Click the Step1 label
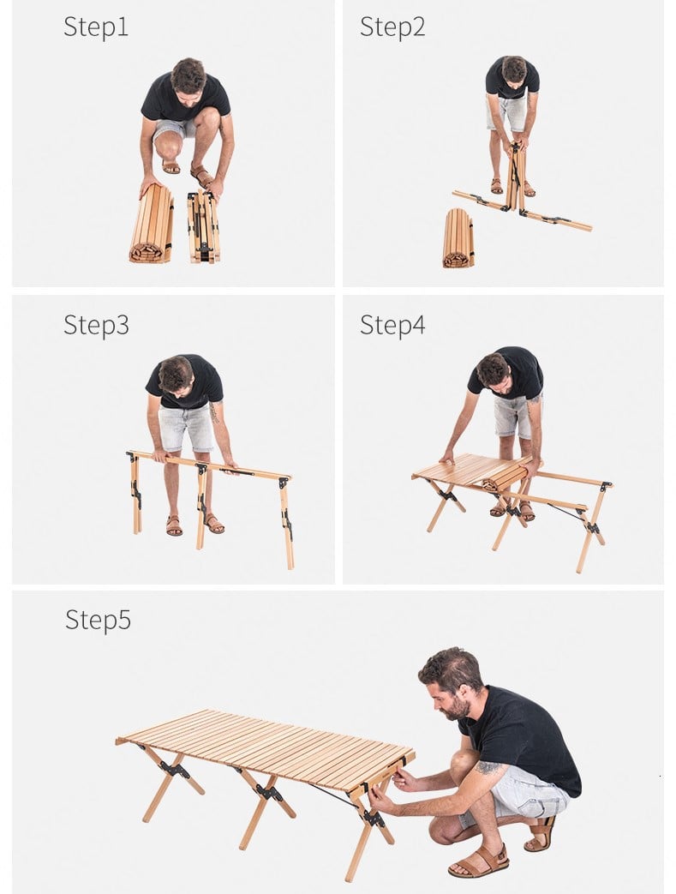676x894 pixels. pyautogui.click(x=96, y=27)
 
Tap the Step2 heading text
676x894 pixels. pyautogui.click(x=392, y=27)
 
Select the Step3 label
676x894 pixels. pyautogui.click(x=96, y=325)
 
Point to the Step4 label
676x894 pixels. pyautogui.click(x=392, y=325)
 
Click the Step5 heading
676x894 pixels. pyautogui.click(x=98, y=620)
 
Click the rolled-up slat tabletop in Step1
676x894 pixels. pyautogui.click(x=152, y=224)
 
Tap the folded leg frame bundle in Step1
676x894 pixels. pyautogui.click(x=203, y=227)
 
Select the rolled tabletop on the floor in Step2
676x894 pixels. pyautogui.click(x=458, y=238)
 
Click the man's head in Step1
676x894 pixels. pyautogui.click(x=188, y=80)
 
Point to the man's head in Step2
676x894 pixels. pyautogui.click(x=513, y=70)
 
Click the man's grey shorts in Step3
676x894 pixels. pyautogui.click(x=186, y=427)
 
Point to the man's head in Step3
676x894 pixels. pyautogui.click(x=176, y=375)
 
